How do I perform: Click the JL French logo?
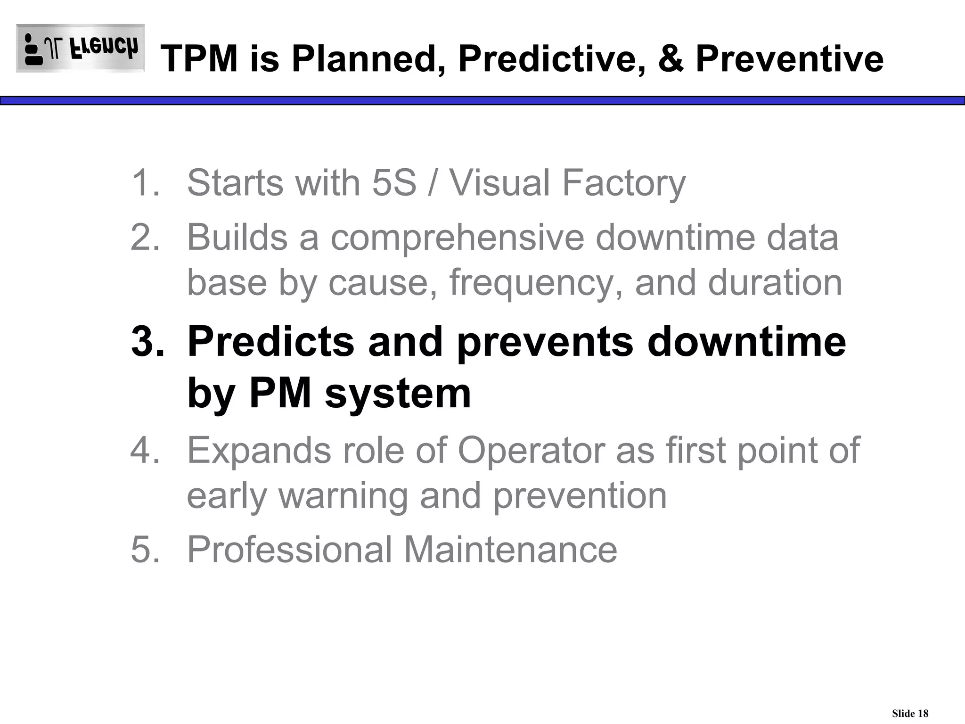pyautogui.click(x=80, y=48)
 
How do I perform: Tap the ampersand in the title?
pyautogui.click(x=671, y=59)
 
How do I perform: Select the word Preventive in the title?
pyautogui.click(x=789, y=59)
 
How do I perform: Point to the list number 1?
pyautogui.click(x=144, y=183)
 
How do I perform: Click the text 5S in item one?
pyautogui.click(x=394, y=183)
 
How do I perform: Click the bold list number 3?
pyautogui.click(x=147, y=342)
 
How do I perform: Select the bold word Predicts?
pyautogui.click(x=271, y=342)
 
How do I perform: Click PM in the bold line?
pyautogui.click(x=280, y=394)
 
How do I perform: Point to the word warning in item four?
pyautogui.click(x=343, y=496)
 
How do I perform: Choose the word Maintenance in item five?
pyautogui.click(x=510, y=550)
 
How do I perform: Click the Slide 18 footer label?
pyautogui.click(x=910, y=713)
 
